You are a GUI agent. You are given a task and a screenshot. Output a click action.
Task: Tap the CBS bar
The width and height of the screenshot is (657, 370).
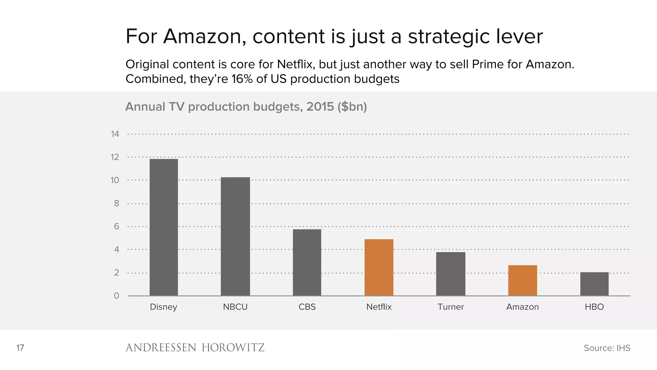pos(307,262)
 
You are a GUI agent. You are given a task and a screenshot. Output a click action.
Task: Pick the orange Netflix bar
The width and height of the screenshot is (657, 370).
pos(379,267)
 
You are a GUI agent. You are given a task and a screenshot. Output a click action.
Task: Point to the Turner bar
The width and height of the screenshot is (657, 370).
pos(450,274)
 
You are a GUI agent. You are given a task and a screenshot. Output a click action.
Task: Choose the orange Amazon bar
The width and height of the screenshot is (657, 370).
pos(522,280)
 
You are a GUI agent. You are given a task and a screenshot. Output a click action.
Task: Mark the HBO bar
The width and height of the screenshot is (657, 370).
pos(594,284)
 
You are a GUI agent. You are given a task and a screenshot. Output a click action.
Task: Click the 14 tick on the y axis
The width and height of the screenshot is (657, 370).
pos(115,134)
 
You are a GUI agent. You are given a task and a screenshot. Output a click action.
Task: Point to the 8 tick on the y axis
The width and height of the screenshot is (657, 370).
pos(116,203)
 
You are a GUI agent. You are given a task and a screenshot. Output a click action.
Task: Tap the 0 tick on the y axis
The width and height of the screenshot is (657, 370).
pos(116,296)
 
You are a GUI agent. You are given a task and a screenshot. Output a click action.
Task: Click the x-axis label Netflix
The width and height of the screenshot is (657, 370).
pos(379,307)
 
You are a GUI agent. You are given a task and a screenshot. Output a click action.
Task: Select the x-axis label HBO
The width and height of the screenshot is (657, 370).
pos(594,307)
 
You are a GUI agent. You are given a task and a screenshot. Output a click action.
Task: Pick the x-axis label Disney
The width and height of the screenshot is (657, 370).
pos(164,307)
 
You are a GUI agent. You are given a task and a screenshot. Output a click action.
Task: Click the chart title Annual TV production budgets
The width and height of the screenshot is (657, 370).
pos(246,107)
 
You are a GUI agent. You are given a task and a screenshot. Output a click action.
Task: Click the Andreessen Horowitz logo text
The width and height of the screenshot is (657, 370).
pos(195,348)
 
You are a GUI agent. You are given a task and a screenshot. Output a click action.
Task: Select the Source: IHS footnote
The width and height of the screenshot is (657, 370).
pos(607,348)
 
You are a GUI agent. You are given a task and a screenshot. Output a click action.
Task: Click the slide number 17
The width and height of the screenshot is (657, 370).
pos(20,348)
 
